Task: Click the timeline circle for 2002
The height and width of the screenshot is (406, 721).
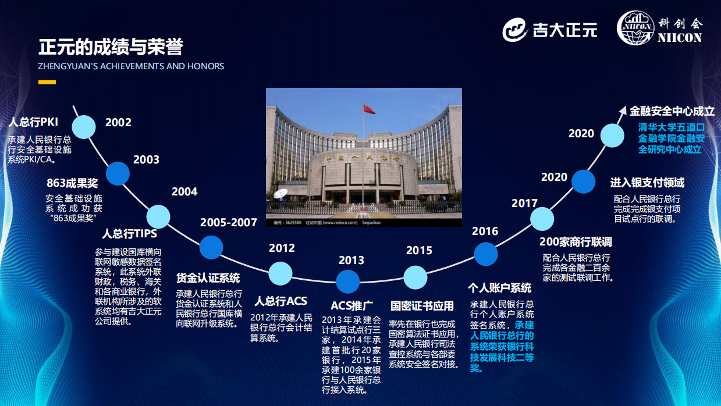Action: tap(84, 127)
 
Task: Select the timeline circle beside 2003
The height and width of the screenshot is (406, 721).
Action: tap(118, 173)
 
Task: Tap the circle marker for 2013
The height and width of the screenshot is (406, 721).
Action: tap(347, 282)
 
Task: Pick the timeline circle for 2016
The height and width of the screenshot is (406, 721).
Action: tap(486, 254)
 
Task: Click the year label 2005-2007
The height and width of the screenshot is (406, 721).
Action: tap(229, 222)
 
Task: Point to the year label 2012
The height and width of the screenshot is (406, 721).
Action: tap(282, 248)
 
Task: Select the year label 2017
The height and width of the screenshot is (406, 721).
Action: tap(524, 203)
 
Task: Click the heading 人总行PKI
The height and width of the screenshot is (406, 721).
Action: tap(34, 122)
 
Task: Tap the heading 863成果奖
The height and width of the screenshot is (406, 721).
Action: tap(72, 183)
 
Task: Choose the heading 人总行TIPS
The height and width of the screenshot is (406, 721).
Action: tap(129, 234)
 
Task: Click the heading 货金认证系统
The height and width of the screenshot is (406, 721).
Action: tap(208, 278)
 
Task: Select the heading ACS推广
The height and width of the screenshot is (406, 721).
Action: tap(352, 305)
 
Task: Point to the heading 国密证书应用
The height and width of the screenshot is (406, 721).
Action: tap(422, 306)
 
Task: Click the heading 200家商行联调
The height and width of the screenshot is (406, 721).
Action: tap(576, 242)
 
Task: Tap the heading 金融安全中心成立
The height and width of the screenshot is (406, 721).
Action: tap(672, 111)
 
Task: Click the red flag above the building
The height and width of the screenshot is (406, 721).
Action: tap(369, 109)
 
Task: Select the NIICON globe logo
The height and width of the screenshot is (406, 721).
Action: tap(635, 28)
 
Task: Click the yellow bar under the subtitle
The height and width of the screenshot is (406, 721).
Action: tap(47, 83)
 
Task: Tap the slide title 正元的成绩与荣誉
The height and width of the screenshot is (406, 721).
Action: tap(111, 47)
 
